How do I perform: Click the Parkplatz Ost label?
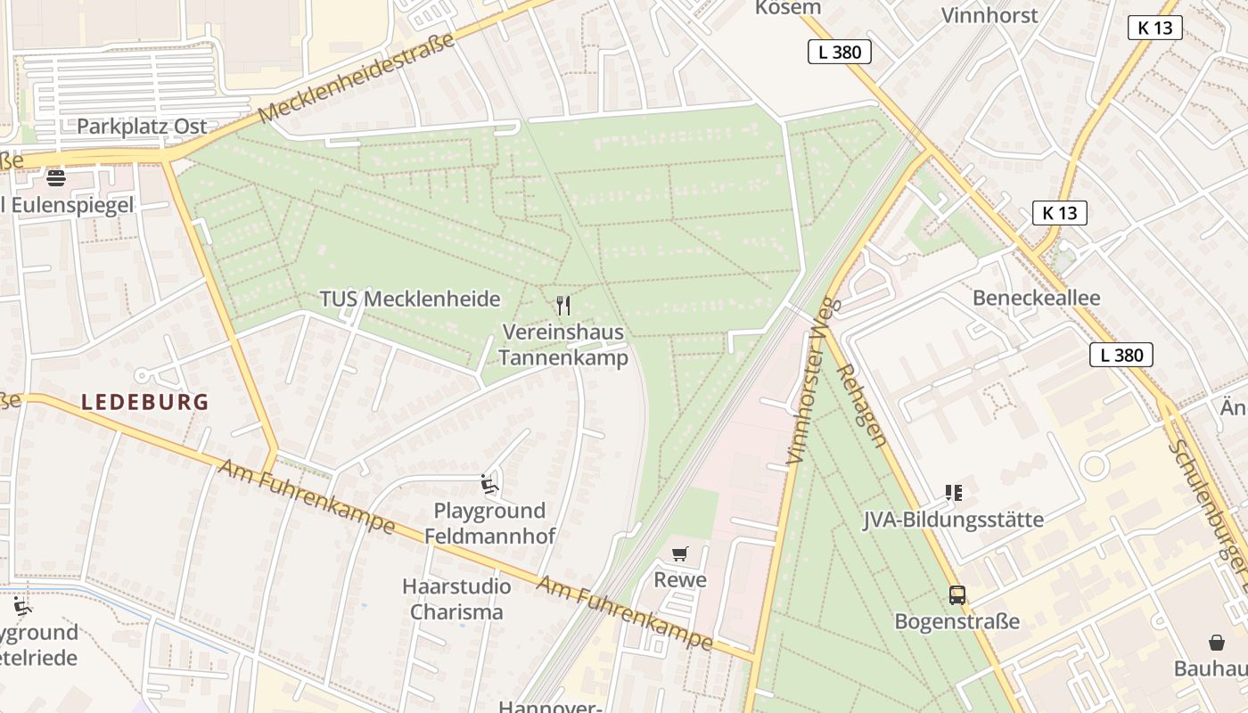[142, 127]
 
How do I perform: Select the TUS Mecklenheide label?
[410, 299]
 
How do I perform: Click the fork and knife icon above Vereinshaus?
[562, 306]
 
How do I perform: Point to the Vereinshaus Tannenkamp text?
[562, 345]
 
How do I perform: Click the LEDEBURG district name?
[145, 402]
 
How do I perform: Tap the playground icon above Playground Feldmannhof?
[489, 484]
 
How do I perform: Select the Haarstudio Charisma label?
[456, 599]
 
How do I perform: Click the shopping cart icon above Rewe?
[680, 554]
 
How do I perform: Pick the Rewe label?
[680, 580]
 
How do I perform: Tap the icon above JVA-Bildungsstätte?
[954, 493]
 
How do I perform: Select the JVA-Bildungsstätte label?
[953, 520]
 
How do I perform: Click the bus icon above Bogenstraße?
[957, 595]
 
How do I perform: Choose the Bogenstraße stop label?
[957, 621]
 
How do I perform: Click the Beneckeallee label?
[1036, 298]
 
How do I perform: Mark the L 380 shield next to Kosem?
[839, 52]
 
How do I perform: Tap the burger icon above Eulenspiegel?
[55, 177]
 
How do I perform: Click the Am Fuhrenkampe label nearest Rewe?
[624, 613]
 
